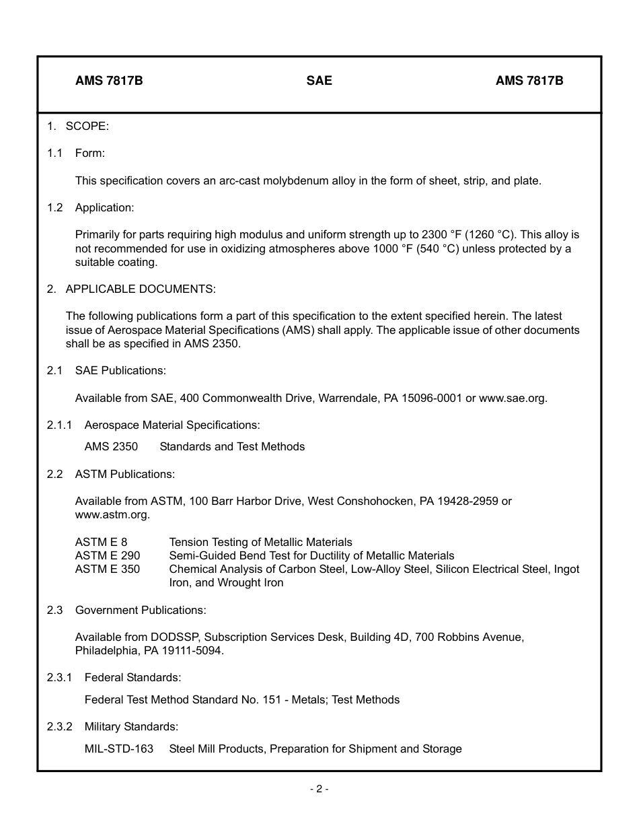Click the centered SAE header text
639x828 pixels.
319,81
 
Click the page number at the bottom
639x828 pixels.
319,789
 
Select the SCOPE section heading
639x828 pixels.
87,126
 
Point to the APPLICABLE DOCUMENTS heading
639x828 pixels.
141,289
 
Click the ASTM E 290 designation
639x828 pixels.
108,555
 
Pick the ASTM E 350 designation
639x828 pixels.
108,569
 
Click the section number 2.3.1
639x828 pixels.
60,677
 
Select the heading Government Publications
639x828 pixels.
141,610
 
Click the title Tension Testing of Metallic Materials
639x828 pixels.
260,542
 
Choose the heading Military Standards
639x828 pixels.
131,726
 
